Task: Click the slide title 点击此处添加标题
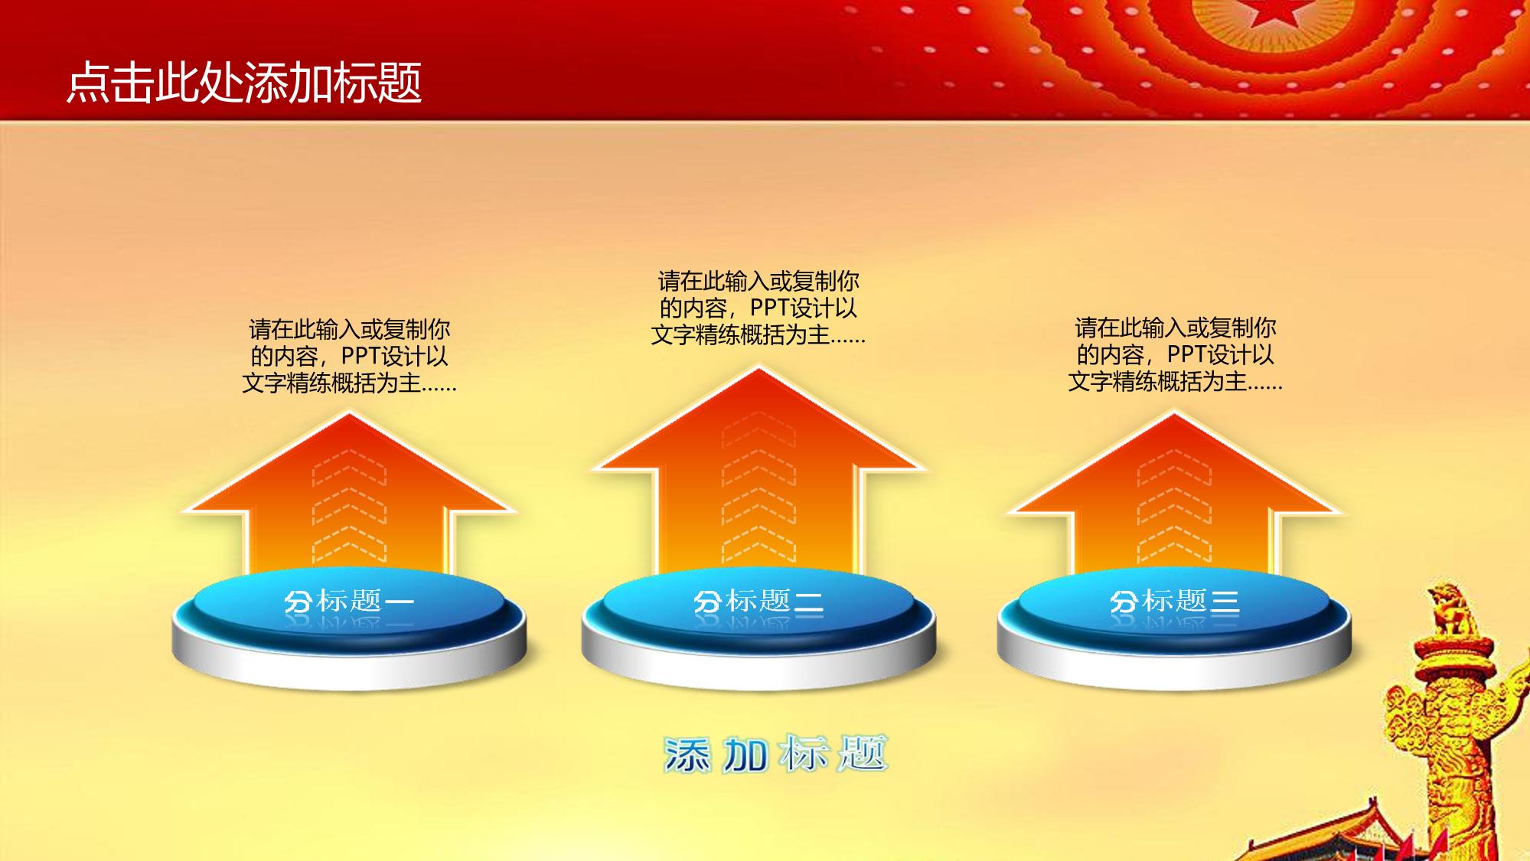244,83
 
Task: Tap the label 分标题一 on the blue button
349,602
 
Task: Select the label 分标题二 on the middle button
758,602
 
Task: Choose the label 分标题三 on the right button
1174,602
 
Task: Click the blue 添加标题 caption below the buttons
775,755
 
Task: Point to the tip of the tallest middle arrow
758,369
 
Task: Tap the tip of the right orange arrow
1174,413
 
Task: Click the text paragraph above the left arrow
350,356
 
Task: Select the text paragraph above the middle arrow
758,308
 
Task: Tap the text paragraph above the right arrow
1175,354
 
